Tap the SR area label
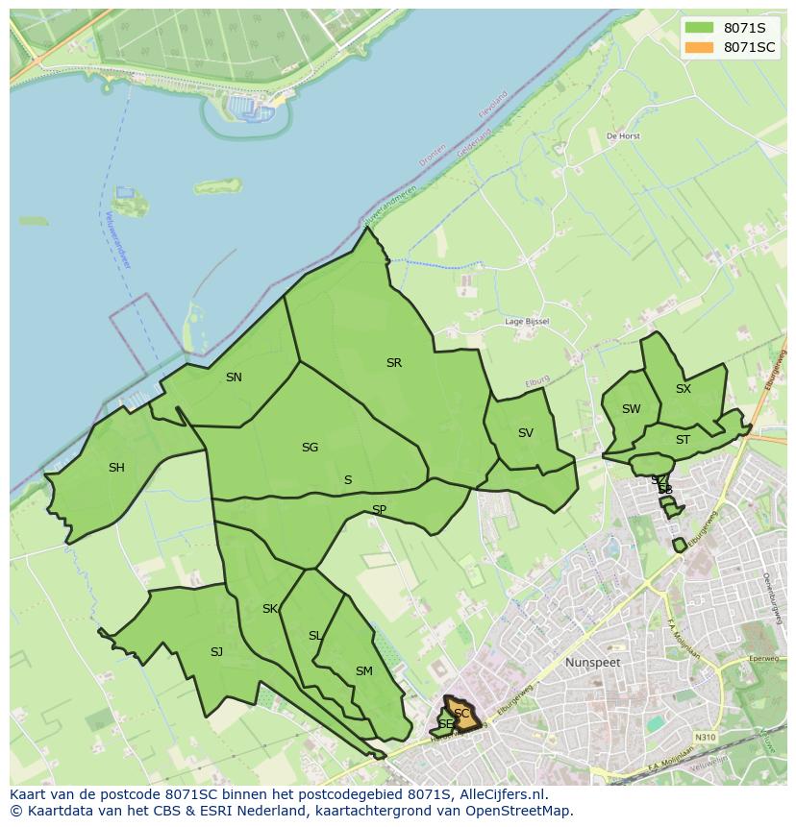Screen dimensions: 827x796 pyautogui.click(x=393, y=363)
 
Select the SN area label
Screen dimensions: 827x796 pyautogui.click(x=234, y=377)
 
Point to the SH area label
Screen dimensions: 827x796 pyautogui.click(x=116, y=468)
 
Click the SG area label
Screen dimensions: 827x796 pyautogui.click(x=310, y=448)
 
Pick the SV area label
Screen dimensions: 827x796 pyautogui.click(x=525, y=433)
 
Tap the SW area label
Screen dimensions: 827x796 pyautogui.click(x=631, y=409)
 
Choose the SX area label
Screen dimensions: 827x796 pyautogui.click(x=683, y=389)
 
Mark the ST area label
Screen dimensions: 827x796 pyautogui.click(x=683, y=440)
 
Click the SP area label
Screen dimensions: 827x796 pyautogui.click(x=379, y=510)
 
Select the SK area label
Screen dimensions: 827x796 pyautogui.click(x=270, y=609)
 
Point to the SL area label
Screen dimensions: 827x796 pyautogui.click(x=315, y=636)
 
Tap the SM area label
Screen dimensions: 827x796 pyautogui.click(x=363, y=671)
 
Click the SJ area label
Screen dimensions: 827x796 pyautogui.click(x=216, y=652)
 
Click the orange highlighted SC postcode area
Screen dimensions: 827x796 pyautogui.click(x=461, y=714)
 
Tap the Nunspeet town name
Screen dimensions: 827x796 pyautogui.click(x=592, y=663)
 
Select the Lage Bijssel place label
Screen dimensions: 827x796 pyautogui.click(x=527, y=322)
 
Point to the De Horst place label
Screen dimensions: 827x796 pyautogui.click(x=623, y=136)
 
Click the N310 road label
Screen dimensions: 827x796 pyautogui.click(x=705, y=738)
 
